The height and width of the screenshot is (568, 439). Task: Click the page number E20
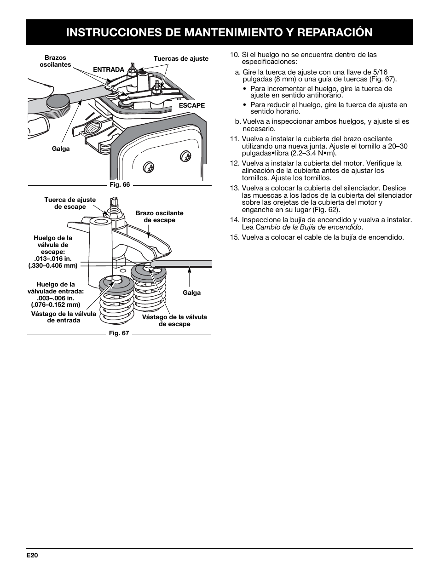coord(32,555)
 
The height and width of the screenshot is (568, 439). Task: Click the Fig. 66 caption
coord(120,185)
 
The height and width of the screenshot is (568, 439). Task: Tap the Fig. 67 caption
coord(119,333)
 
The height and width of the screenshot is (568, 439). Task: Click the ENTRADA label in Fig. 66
coord(109,69)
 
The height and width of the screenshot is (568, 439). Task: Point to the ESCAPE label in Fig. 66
coord(192,105)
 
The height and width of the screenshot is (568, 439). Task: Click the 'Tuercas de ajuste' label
coord(181,58)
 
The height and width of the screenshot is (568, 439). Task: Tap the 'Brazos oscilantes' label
coord(55,61)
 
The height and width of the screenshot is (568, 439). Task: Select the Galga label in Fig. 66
coord(61,149)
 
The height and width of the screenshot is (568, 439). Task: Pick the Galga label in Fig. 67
coord(192,293)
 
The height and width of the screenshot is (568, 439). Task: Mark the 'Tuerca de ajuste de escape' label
coord(70,203)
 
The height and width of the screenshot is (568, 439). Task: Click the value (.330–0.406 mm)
coord(53,265)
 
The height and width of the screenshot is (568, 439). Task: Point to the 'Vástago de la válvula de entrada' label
coord(64,317)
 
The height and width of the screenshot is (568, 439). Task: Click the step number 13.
coord(234,188)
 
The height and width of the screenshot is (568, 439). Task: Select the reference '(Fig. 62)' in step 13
coord(326,210)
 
